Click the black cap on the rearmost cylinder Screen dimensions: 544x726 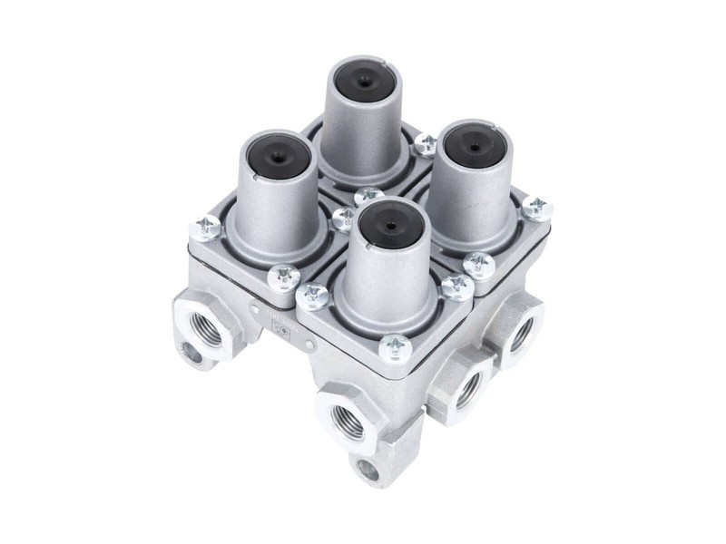(x=366, y=82)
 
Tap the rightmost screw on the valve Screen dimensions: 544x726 (x=536, y=208)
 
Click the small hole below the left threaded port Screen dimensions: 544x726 (x=192, y=353)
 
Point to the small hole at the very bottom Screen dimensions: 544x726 (x=368, y=469)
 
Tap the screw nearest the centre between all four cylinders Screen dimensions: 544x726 (x=368, y=196)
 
